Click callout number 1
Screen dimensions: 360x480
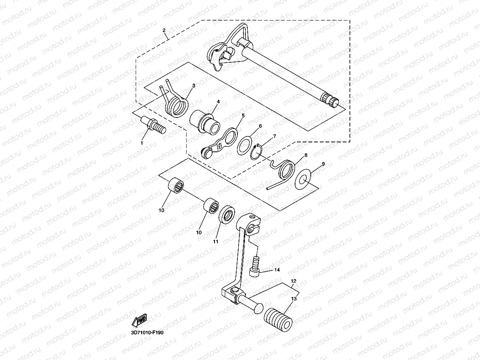(x=142, y=143)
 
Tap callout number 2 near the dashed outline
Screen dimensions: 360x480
(x=164, y=30)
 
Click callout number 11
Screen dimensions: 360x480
(x=215, y=241)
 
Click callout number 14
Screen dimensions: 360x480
(x=277, y=270)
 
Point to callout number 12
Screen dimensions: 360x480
(x=293, y=281)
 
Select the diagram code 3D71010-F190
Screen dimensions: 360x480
(x=147, y=332)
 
